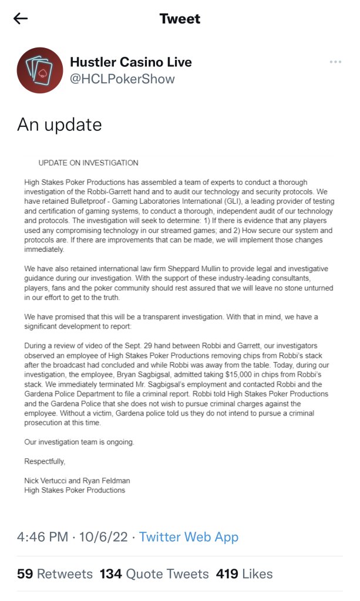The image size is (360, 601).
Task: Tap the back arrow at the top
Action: [21, 19]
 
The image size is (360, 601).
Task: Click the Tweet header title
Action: [180, 19]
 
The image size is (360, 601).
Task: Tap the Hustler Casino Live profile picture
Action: [40, 70]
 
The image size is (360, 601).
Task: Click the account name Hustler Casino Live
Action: [130, 62]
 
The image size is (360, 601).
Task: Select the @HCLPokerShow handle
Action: [122, 79]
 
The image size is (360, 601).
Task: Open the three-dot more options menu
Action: [335, 62]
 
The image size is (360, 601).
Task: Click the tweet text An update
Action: [59, 124]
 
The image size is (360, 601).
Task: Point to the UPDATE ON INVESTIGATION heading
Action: [88, 163]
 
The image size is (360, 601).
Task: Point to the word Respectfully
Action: [45, 461]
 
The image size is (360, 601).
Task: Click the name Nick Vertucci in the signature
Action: [48, 481]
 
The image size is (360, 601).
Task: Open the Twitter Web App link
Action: [189, 536]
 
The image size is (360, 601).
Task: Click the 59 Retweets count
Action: [55, 573]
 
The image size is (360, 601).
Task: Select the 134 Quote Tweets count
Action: [154, 573]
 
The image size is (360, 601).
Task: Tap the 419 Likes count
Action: [244, 573]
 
